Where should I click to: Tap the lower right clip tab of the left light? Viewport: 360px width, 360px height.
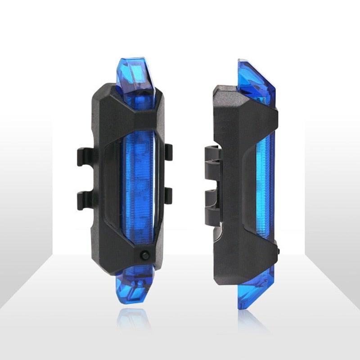click(168, 194)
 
